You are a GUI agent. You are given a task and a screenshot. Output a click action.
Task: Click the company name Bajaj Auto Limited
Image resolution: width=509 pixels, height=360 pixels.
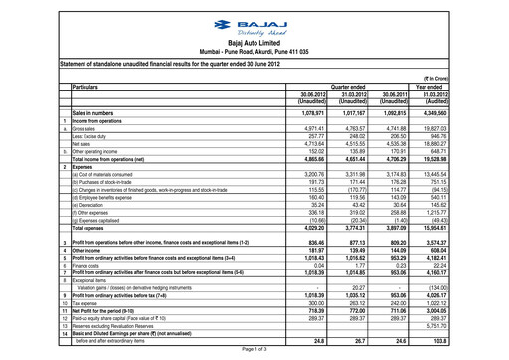pos(255,45)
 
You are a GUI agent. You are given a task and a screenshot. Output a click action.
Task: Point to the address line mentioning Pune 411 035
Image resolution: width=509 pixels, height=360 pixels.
pos(255,57)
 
